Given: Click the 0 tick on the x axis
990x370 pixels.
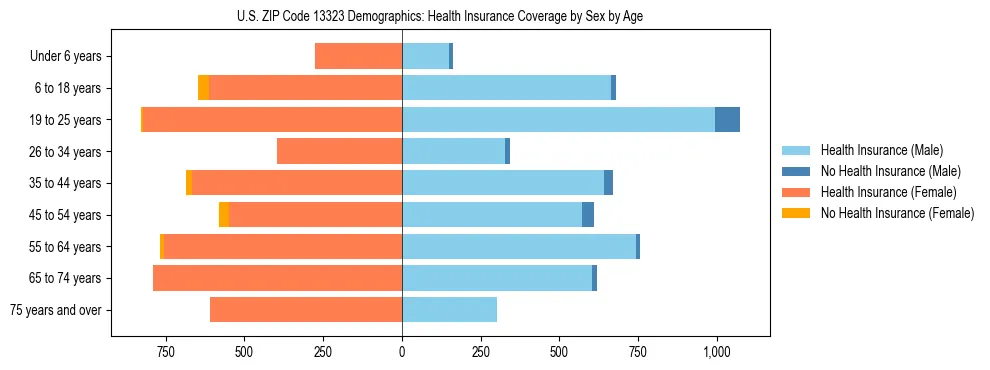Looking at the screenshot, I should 402,352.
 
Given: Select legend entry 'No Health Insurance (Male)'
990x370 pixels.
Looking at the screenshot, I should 890,171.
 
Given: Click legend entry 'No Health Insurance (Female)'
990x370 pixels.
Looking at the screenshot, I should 897,213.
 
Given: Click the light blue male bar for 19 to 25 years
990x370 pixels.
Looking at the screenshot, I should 558,120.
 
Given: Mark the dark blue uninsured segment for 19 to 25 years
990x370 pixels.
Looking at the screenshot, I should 727,120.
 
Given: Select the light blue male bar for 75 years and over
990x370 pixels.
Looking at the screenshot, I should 449,310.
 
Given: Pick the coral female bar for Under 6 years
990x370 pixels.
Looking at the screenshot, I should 358,57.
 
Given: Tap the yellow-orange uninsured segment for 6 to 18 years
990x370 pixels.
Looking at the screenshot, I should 203,88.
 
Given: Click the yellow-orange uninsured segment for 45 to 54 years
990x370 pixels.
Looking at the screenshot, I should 224,215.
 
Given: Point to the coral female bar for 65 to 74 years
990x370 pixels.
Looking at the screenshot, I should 277,278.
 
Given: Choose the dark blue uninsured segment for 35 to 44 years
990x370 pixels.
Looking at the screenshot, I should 608,183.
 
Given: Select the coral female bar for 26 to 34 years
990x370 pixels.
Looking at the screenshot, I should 339,152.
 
